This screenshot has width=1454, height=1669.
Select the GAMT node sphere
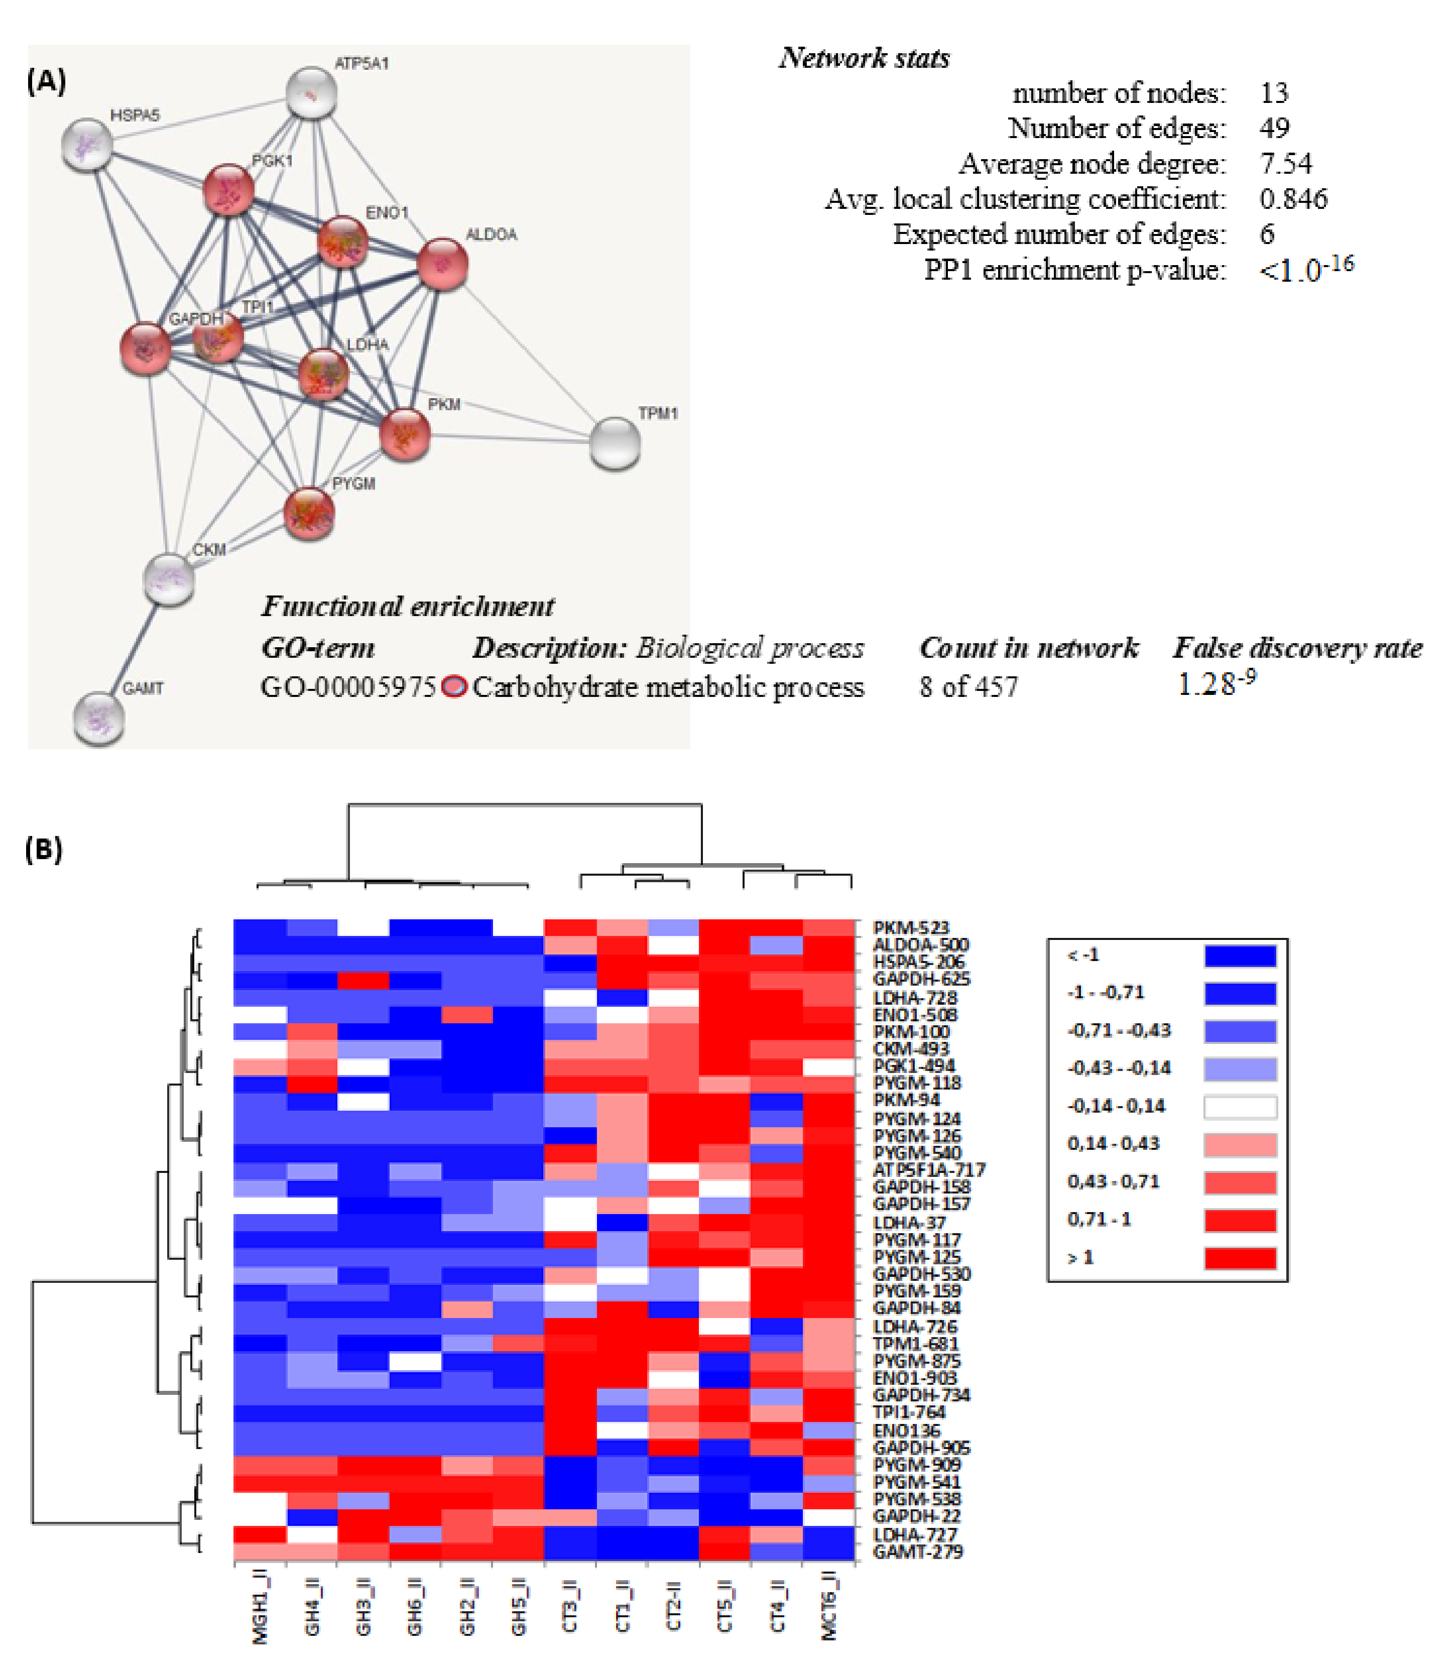[x=98, y=717]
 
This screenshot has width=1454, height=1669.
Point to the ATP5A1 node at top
[x=312, y=93]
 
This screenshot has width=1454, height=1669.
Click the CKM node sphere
[x=169, y=579]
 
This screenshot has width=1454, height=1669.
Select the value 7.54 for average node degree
[x=1285, y=164]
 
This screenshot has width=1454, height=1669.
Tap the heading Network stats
[x=864, y=58]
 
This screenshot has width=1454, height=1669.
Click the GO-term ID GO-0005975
[x=348, y=687]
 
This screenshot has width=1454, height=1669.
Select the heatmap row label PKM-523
[x=910, y=927]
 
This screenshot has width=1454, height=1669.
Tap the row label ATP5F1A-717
[x=928, y=1169]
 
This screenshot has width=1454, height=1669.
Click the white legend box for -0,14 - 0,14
[x=1240, y=1107]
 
